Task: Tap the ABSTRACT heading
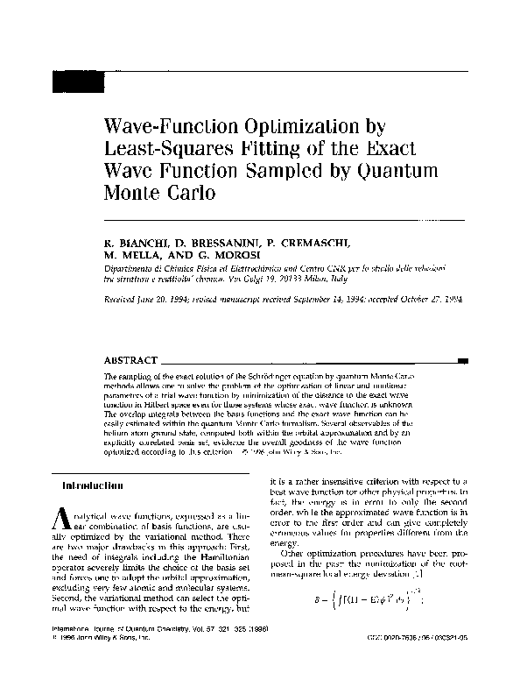(x=131, y=360)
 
